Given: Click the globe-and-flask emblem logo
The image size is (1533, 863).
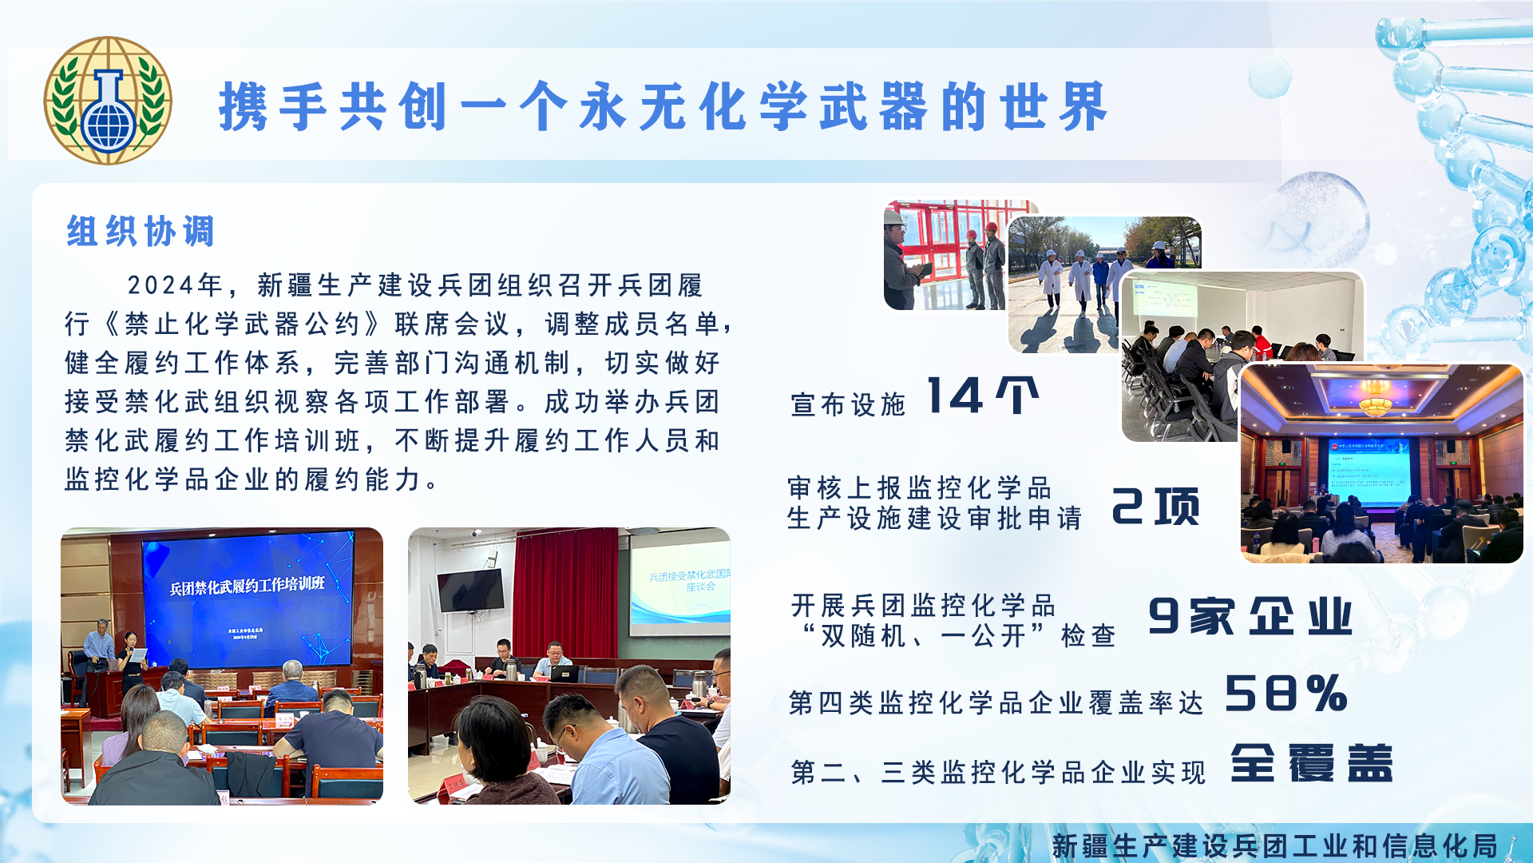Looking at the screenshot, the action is point(107,100).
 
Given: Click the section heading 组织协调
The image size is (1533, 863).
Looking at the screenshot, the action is point(141,232).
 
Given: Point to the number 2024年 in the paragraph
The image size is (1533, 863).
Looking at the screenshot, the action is point(175,285).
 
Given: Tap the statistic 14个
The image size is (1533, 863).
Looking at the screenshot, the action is point(983,396).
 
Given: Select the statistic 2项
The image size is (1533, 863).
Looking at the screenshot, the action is point(1155,507).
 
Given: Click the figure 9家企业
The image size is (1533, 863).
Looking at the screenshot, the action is point(1250,616).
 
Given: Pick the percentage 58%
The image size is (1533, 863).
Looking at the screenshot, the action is point(1286,693).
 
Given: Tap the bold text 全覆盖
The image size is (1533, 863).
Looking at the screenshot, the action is point(1312,763).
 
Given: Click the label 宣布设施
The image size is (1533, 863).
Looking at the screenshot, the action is point(848,404).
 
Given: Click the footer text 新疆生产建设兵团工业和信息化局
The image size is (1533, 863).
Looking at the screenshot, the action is point(1274,845).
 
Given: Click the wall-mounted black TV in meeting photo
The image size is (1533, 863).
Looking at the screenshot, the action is point(471,591).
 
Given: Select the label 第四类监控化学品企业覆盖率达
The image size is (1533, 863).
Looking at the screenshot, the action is point(996,703).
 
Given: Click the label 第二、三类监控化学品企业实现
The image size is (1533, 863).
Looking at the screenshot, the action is point(998,773).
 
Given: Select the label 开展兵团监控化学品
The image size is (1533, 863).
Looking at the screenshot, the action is point(923,606).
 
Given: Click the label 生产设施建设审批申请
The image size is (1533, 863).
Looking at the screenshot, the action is point(934,518).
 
